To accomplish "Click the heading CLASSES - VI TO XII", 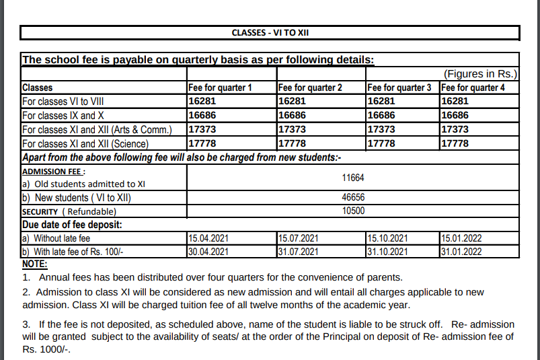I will click(x=270, y=32).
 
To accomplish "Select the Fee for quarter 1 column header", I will click(x=220, y=87).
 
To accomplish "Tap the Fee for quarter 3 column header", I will click(x=400, y=87).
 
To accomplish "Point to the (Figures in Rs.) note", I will click(x=480, y=73).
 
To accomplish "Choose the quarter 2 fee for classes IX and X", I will click(x=292, y=116).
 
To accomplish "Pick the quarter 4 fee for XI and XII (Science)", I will click(x=455, y=143).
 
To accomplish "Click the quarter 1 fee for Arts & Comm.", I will click(x=201, y=129).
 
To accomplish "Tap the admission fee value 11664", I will click(x=352, y=178).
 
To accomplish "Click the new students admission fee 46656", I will click(x=352, y=199).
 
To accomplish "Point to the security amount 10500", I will click(x=352, y=211).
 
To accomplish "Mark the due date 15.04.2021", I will click(x=208, y=238).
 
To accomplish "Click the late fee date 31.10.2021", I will click(x=387, y=252).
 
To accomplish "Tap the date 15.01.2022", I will click(x=461, y=238).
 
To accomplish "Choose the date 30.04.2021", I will click(x=208, y=252).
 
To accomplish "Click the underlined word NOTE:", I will click(x=35, y=264).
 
